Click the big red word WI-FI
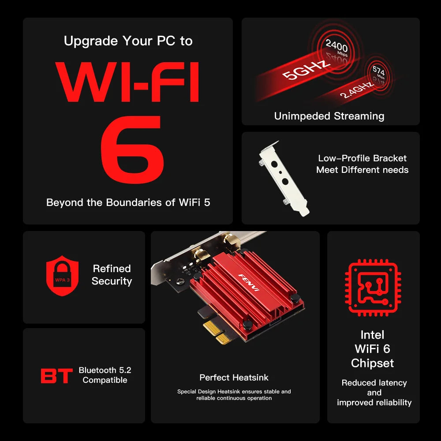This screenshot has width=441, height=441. tap(128, 82)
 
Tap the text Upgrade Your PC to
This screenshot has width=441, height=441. tap(128, 41)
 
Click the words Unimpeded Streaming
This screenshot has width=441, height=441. tap(329, 116)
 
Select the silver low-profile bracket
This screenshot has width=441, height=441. tap(284, 179)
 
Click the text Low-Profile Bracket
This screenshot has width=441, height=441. tap(362, 158)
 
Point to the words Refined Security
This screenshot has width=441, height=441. tap(112, 275)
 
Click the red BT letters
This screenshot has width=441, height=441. tap(56, 376)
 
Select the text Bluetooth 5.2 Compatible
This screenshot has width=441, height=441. tap(105, 375)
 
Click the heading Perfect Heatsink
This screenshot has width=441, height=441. tap(234, 377)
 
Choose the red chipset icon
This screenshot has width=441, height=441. tap(373, 288)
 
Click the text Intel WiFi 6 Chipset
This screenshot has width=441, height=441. tap(373, 349)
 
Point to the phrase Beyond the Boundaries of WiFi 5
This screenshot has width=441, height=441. tap(128, 202)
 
